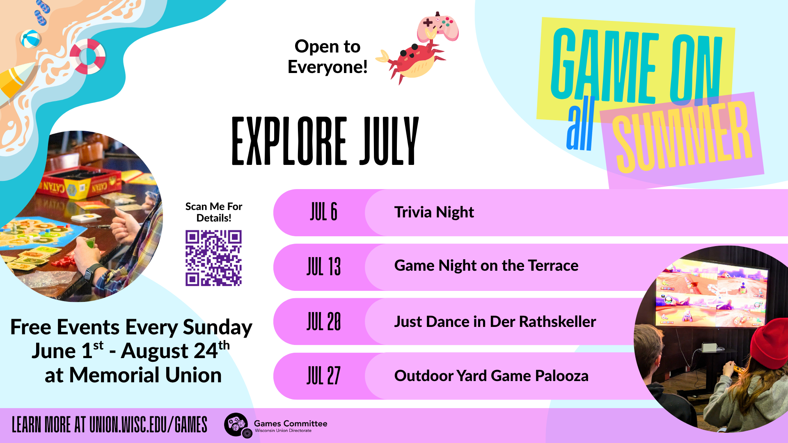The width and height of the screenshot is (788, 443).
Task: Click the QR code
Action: (213, 258)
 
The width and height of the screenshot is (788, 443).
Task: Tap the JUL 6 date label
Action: (323, 212)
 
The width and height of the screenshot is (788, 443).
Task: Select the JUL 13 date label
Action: (323, 267)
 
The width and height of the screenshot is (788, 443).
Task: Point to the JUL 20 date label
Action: (323, 322)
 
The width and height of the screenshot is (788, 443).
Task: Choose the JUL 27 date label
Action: (323, 376)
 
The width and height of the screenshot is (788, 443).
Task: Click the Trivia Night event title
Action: (434, 212)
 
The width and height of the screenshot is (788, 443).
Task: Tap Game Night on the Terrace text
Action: (486, 266)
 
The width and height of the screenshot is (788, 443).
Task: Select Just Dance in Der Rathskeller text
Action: (495, 322)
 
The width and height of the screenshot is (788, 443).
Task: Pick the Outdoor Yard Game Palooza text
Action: (491, 376)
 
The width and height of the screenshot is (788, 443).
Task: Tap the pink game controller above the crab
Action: (438, 27)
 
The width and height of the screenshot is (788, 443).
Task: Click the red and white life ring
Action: (87, 57)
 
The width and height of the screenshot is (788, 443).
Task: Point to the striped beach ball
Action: (30, 39)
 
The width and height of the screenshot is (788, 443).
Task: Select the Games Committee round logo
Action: (236, 425)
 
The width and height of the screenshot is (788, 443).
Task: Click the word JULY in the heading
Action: (389, 141)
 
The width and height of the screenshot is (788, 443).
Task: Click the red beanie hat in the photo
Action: (771, 343)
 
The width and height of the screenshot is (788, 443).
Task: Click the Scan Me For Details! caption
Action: (213, 212)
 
